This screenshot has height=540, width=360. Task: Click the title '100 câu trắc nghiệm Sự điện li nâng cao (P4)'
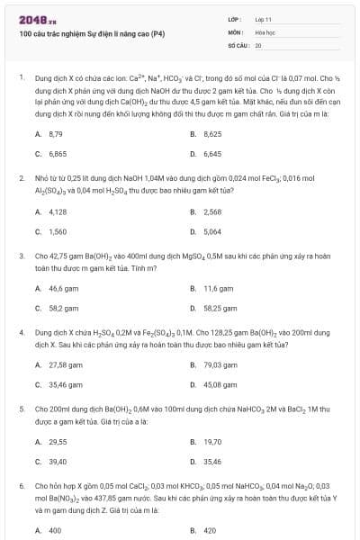click(92, 33)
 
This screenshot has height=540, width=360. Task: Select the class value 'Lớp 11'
click(263, 19)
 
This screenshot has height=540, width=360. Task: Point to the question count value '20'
click(258, 44)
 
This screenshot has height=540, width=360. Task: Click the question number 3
click(21, 256)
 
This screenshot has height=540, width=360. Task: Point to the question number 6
click(21, 486)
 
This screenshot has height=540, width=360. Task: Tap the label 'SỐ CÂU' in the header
click(238, 44)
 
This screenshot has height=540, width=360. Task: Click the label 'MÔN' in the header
click(235, 31)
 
